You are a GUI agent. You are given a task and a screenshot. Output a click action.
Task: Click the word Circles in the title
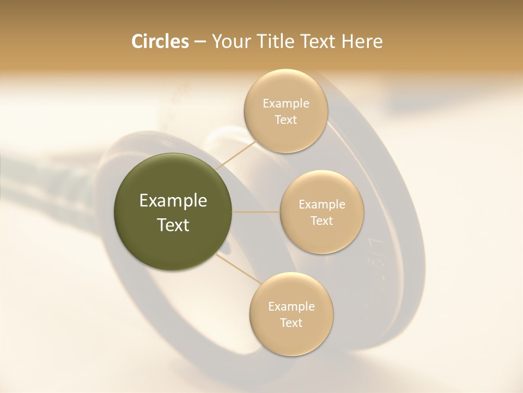160,41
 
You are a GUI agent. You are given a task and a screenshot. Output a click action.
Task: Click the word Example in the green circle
173,201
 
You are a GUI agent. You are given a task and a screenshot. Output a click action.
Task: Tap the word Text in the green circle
173,225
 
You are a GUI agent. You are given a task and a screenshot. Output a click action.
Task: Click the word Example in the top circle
285,104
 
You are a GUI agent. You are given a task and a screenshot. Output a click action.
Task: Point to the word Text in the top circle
285,120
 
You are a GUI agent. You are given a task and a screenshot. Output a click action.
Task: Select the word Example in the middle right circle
321,205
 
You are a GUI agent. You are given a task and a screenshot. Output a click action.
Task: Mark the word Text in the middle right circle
321,221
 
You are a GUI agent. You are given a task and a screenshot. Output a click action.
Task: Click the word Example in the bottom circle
291,307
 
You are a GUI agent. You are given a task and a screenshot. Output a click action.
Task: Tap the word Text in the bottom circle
291,323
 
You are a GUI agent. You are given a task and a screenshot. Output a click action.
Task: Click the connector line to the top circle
236,156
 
